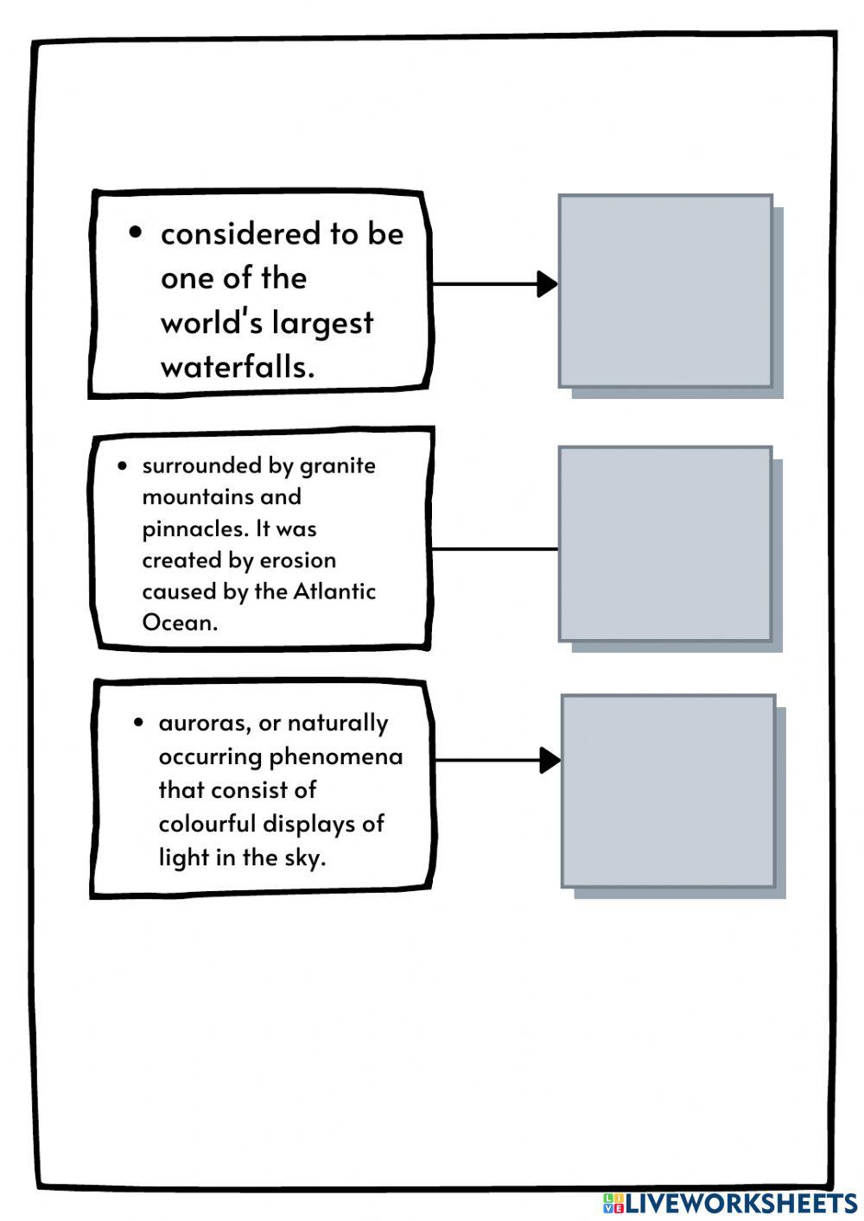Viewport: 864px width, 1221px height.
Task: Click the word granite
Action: [x=338, y=466]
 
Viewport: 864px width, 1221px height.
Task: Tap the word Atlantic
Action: [x=334, y=592]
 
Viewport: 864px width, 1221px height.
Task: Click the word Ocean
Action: [x=180, y=623]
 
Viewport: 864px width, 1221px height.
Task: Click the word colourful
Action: [x=206, y=824]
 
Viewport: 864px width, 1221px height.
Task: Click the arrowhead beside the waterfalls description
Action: [x=547, y=284]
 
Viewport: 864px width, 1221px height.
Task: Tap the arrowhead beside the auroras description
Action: [x=550, y=760]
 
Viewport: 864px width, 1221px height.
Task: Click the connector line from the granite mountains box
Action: [x=495, y=549]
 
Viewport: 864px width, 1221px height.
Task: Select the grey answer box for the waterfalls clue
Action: [x=665, y=291]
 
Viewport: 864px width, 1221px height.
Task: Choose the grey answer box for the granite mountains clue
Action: [x=665, y=544]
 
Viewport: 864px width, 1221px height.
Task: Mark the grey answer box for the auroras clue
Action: [x=668, y=792]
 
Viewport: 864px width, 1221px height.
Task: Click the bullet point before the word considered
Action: [x=136, y=233]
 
